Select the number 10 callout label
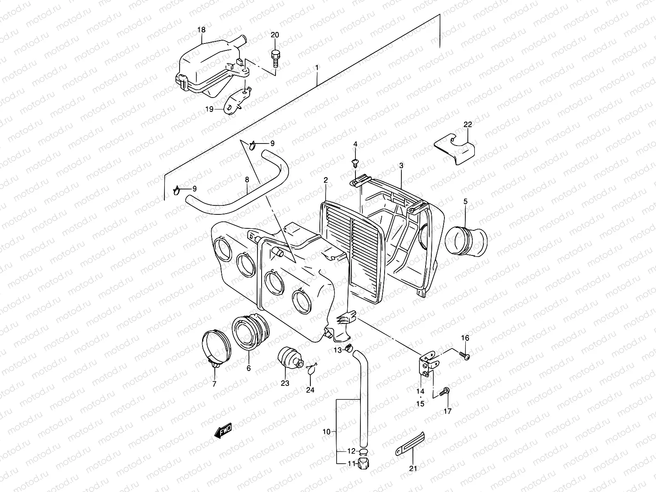(x=326, y=431)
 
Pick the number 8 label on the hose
(x=247, y=179)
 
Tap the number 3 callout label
(x=401, y=166)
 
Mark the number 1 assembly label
(x=317, y=67)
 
